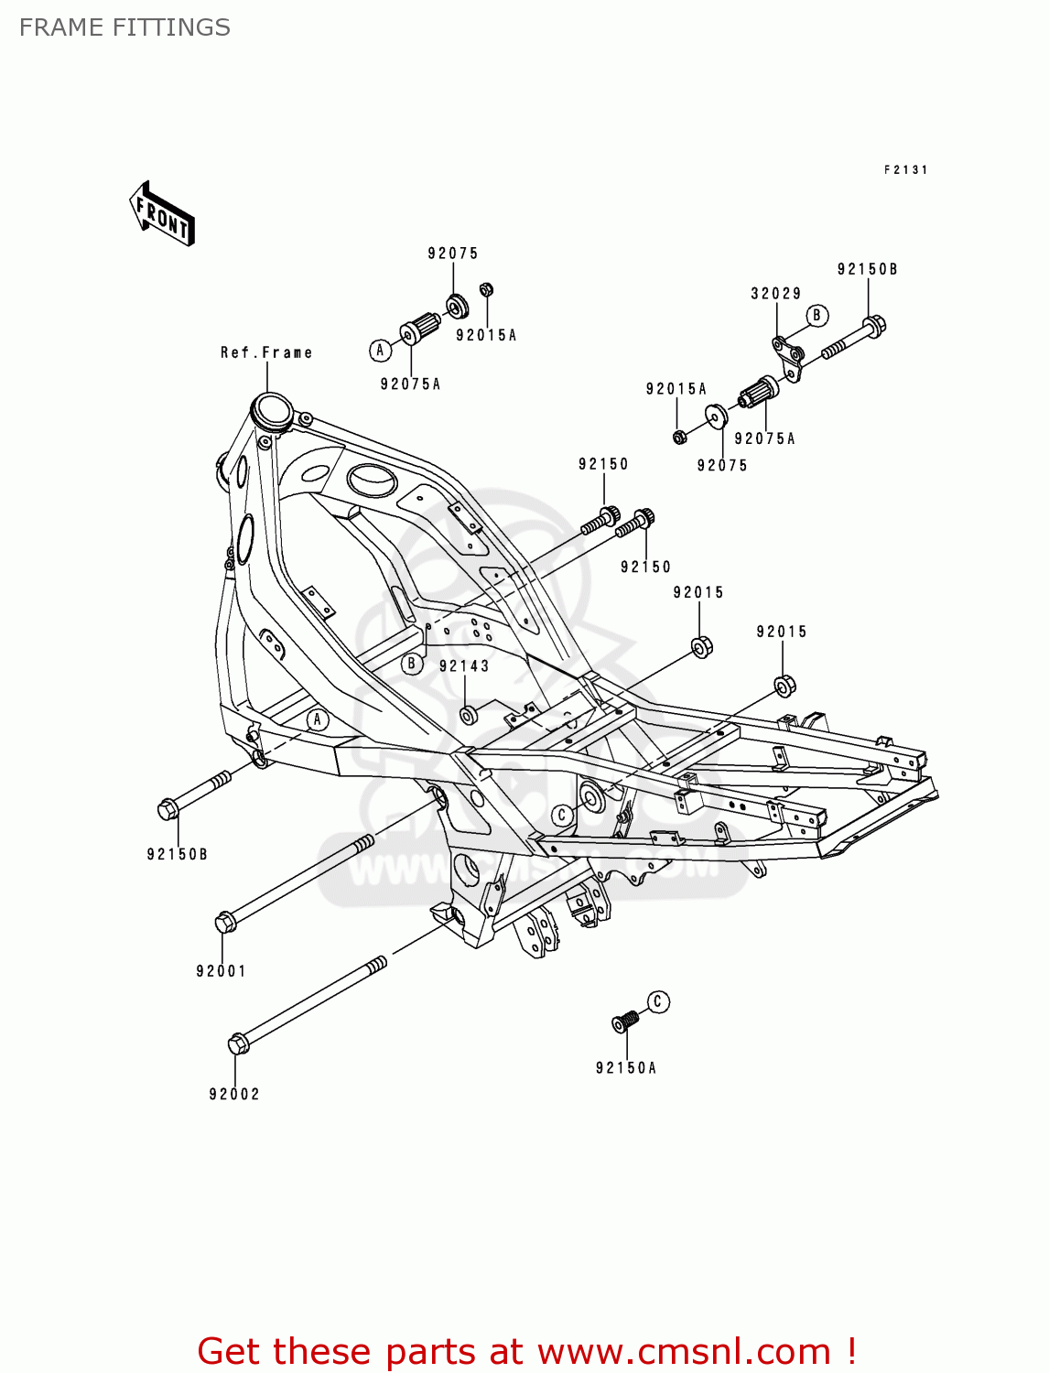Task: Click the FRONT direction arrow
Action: [162, 214]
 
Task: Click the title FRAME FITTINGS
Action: [124, 27]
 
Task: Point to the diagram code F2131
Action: [905, 169]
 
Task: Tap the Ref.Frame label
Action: [266, 352]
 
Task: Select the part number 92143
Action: [464, 666]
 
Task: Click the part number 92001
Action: [221, 971]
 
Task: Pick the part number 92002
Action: [234, 1094]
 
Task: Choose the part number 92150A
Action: [626, 1067]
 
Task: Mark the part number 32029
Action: [776, 294]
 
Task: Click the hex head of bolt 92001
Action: [225, 922]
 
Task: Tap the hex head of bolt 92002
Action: [238, 1043]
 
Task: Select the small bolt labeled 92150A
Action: [625, 1021]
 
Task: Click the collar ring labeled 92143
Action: [469, 714]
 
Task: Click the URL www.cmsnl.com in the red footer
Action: [683, 1351]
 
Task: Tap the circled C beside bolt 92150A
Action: [658, 1001]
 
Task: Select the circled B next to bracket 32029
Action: [816, 316]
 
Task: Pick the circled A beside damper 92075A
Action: [380, 350]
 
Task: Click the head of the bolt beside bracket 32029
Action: [874, 326]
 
